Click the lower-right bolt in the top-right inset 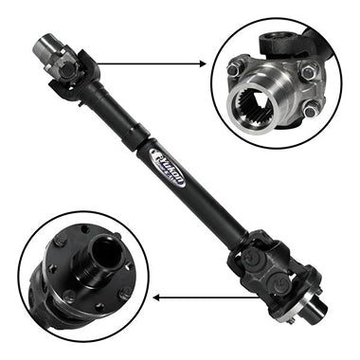(x=309, y=111)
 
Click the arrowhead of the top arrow (x=202, y=64)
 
